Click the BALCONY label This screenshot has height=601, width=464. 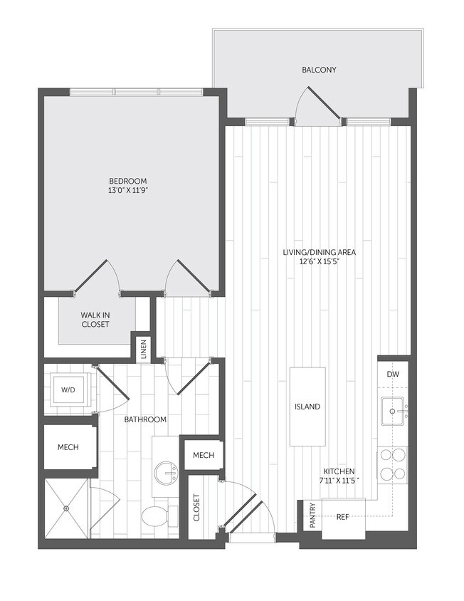coord(319,70)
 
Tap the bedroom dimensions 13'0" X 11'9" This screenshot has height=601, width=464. coord(128,191)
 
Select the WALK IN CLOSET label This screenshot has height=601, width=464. coord(95,319)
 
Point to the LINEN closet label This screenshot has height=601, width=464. coord(144,348)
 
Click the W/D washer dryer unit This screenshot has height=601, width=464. coord(68,390)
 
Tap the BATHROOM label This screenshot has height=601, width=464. coord(145,419)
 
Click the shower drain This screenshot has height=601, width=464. coord(65,508)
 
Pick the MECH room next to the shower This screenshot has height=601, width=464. coord(68,447)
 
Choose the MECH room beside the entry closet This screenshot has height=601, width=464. coord(204,455)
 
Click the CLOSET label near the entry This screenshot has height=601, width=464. coord(197,508)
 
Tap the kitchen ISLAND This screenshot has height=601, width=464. coord(307,407)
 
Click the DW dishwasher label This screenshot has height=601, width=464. coord(393,375)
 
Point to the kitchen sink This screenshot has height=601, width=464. coord(394,411)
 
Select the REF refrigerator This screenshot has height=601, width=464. coord(344,517)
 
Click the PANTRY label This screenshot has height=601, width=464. coord(311,516)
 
